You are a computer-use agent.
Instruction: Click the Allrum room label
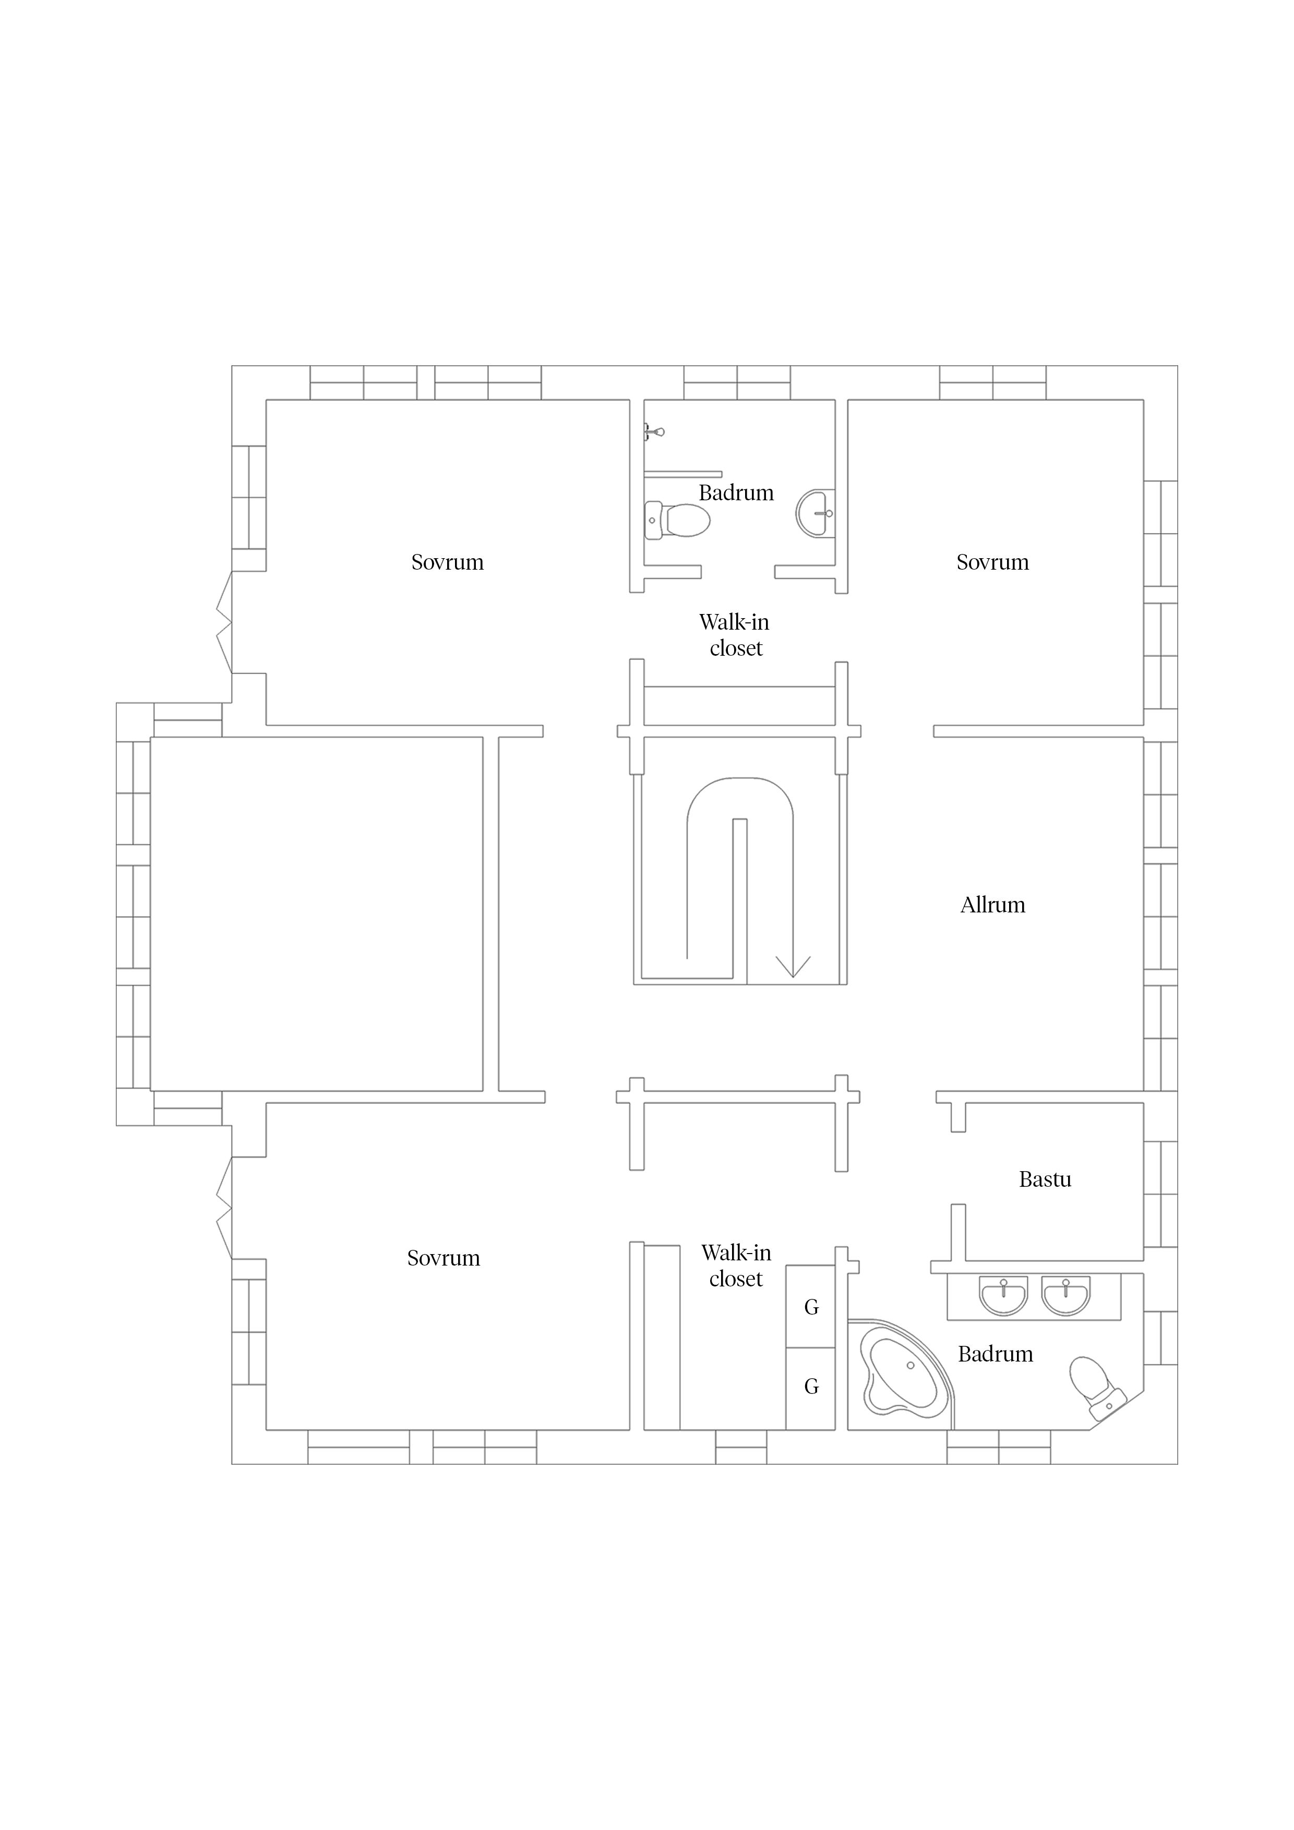point(992,905)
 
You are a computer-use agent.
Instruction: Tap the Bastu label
point(1045,1179)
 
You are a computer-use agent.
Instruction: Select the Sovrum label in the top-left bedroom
point(447,562)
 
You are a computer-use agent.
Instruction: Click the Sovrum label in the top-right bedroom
point(992,562)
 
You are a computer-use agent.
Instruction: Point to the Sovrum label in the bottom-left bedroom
point(444,1258)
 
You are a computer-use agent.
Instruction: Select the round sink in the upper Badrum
point(816,513)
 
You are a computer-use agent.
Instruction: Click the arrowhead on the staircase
point(793,966)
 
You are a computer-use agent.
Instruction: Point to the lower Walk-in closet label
point(736,1266)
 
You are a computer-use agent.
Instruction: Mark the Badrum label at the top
point(736,492)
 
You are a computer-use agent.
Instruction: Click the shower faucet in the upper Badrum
point(654,432)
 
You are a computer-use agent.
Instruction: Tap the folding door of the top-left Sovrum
point(224,622)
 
